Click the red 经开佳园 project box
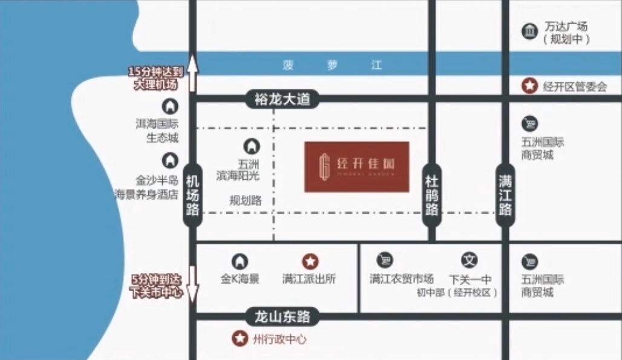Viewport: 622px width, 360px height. pos(356,166)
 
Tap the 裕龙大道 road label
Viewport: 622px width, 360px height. pos(282,99)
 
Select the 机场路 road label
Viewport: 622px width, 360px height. pos(192,195)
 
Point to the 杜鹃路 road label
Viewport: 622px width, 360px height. pos(431,195)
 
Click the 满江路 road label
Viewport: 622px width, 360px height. pos(506,195)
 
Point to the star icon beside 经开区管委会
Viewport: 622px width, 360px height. pos(530,87)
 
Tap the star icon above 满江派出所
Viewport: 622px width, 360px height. pos(310,261)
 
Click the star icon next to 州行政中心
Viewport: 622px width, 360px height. pos(240,339)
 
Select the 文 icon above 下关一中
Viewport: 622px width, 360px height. pos(470,260)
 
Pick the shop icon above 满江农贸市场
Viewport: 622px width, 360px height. pos(385,260)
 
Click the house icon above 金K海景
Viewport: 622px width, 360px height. pos(240,261)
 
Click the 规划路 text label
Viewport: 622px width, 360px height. pos(246,201)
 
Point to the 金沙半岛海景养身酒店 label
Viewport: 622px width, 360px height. pos(148,188)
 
